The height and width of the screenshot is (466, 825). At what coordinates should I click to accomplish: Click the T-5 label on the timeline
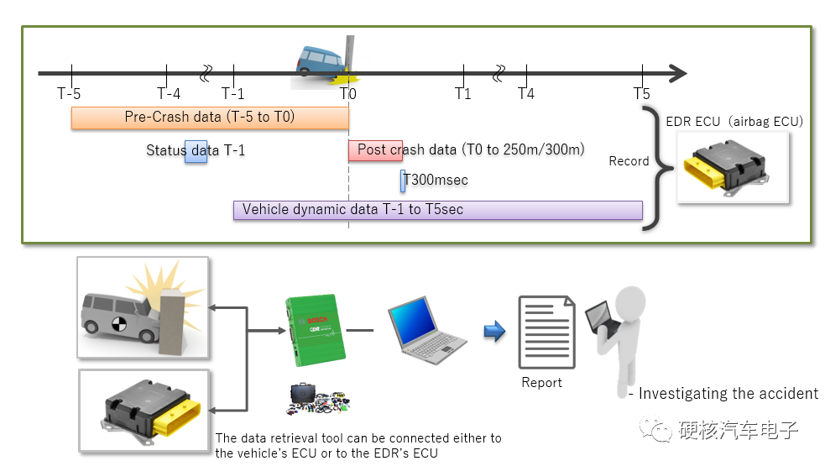tap(69, 93)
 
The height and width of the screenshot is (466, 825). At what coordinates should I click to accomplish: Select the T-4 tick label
tap(169, 93)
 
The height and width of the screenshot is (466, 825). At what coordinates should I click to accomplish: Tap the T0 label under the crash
tap(348, 93)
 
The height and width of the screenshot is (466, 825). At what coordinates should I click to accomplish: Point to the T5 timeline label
tap(642, 93)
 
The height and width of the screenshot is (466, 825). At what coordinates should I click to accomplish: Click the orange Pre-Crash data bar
tap(210, 118)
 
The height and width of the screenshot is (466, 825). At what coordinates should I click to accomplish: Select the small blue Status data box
tap(196, 151)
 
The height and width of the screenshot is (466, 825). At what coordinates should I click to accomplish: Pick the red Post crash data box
tap(375, 151)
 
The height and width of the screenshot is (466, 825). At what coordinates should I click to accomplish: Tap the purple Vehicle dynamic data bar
tap(437, 210)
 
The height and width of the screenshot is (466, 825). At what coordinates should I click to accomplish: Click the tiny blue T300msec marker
tap(403, 181)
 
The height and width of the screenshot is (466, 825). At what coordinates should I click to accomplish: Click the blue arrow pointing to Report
tap(494, 332)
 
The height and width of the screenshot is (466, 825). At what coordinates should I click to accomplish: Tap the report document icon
tap(546, 331)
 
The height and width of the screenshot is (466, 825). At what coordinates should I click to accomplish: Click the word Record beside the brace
tap(629, 161)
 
